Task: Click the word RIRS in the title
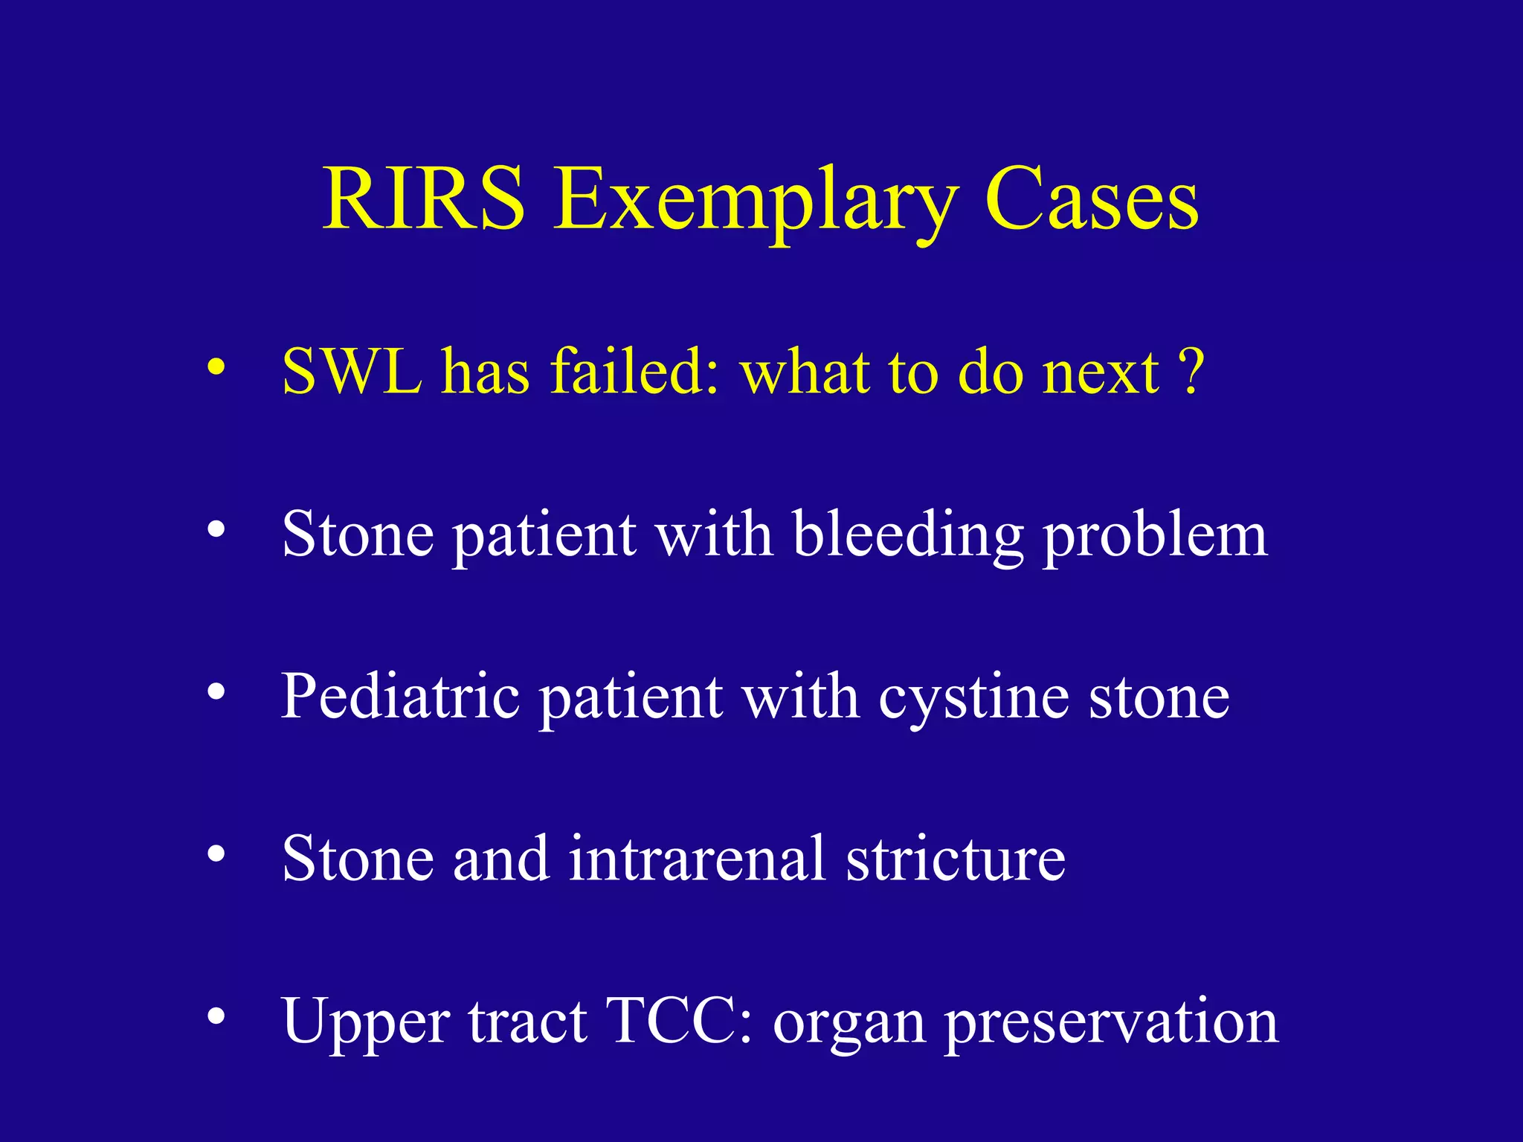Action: point(424,199)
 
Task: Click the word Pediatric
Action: point(400,697)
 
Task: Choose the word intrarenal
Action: point(698,859)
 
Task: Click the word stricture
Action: point(956,859)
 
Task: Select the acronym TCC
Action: point(670,1021)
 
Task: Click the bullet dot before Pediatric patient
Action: point(216,692)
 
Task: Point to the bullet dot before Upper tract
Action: point(216,1016)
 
